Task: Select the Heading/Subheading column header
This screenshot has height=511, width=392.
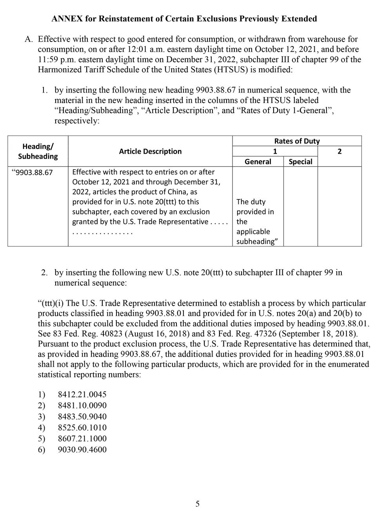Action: click(38, 151)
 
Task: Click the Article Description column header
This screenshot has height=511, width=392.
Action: click(150, 151)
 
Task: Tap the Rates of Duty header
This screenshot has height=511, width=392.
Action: click(297, 141)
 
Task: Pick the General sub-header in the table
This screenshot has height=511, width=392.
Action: click(258, 161)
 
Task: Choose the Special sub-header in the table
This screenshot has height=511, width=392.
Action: click(300, 161)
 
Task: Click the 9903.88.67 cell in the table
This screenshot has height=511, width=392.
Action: click(34, 172)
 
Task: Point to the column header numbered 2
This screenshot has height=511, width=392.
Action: click(339, 151)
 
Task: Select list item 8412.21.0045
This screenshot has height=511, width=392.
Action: click(82, 395)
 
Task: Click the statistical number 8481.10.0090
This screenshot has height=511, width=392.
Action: click(82, 406)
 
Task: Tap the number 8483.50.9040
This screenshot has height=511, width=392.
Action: click(82, 417)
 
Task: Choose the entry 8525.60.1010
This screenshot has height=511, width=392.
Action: click(82, 428)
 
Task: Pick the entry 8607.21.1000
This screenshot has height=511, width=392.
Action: click(82, 439)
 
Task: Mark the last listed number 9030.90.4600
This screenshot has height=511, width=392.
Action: click(82, 449)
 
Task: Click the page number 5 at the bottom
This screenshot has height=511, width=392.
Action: click(197, 504)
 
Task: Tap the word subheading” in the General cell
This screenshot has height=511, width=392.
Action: click(254, 241)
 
